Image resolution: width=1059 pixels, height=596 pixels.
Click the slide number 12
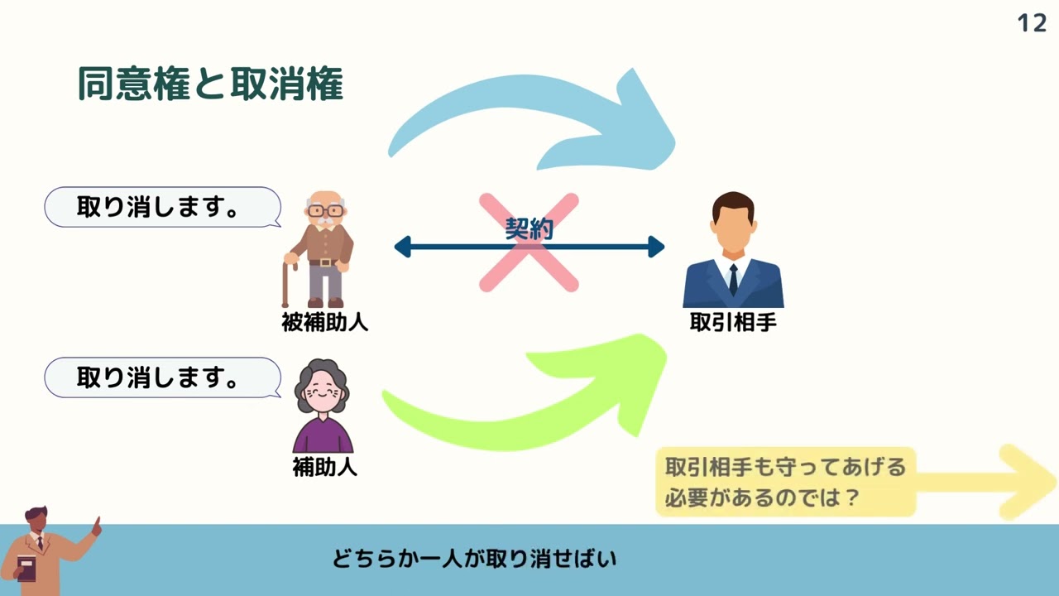(1032, 22)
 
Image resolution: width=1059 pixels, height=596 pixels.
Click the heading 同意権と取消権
(210, 84)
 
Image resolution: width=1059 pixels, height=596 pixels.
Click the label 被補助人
(324, 323)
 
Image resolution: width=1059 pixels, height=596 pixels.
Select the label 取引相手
(733, 323)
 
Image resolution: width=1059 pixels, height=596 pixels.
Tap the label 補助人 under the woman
(324, 468)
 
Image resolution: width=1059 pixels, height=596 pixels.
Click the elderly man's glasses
(324, 210)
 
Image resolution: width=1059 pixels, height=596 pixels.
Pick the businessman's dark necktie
(733, 279)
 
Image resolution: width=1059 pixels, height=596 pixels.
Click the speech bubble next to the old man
(162, 207)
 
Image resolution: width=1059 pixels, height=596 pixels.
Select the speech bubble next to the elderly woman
(162, 377)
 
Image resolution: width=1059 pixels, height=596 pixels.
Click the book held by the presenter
(26, 569)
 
